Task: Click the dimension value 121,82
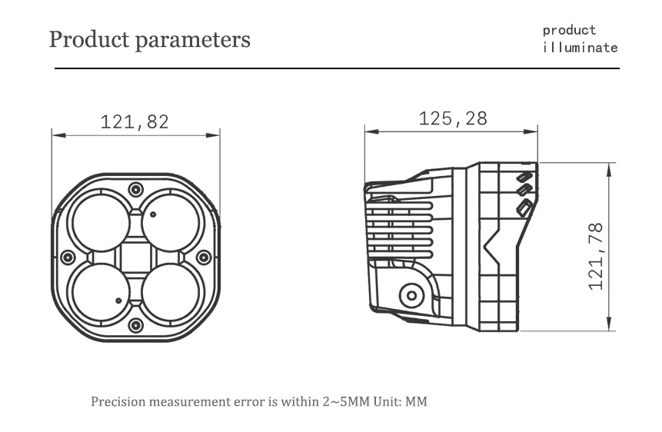pyautogui.click(x=135, y=122)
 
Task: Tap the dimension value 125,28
pyautogui.click(x=453, y=118)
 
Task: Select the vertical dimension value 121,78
pyautogui.click(x=596, y=257)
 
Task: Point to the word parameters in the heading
pyautogui.click(x=192, y=41)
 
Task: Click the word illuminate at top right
pyautogui.click(x=580, y=48)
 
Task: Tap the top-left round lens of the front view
pyautogui.click(x=101, y=223)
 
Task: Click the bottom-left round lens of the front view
pyautogui.click(x=101, y=292)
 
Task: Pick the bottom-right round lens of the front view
pyautogui.click(x=171, y=292)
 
